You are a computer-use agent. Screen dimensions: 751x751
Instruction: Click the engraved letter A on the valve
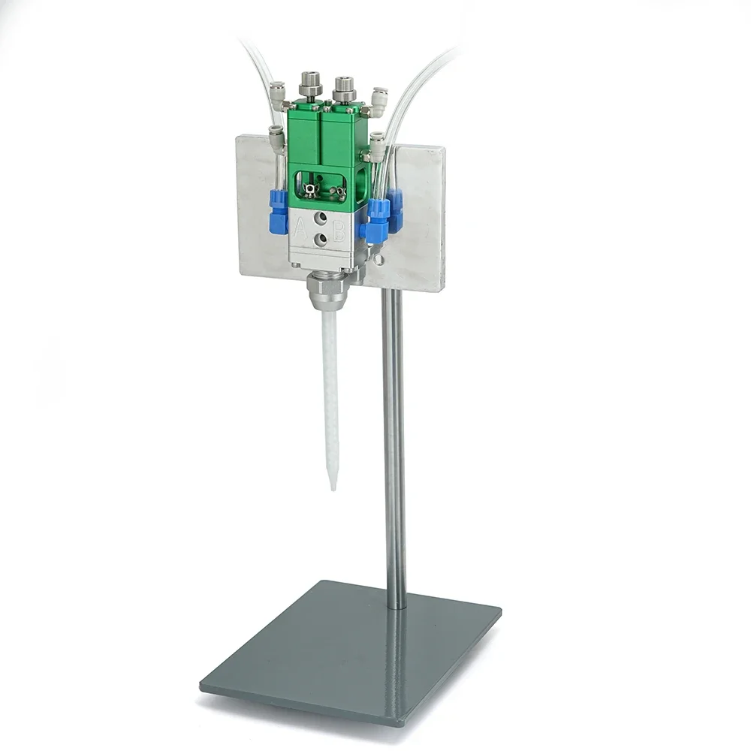click(x=301, y=229)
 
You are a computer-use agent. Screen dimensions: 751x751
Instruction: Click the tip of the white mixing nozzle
click(x=333, y=489)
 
